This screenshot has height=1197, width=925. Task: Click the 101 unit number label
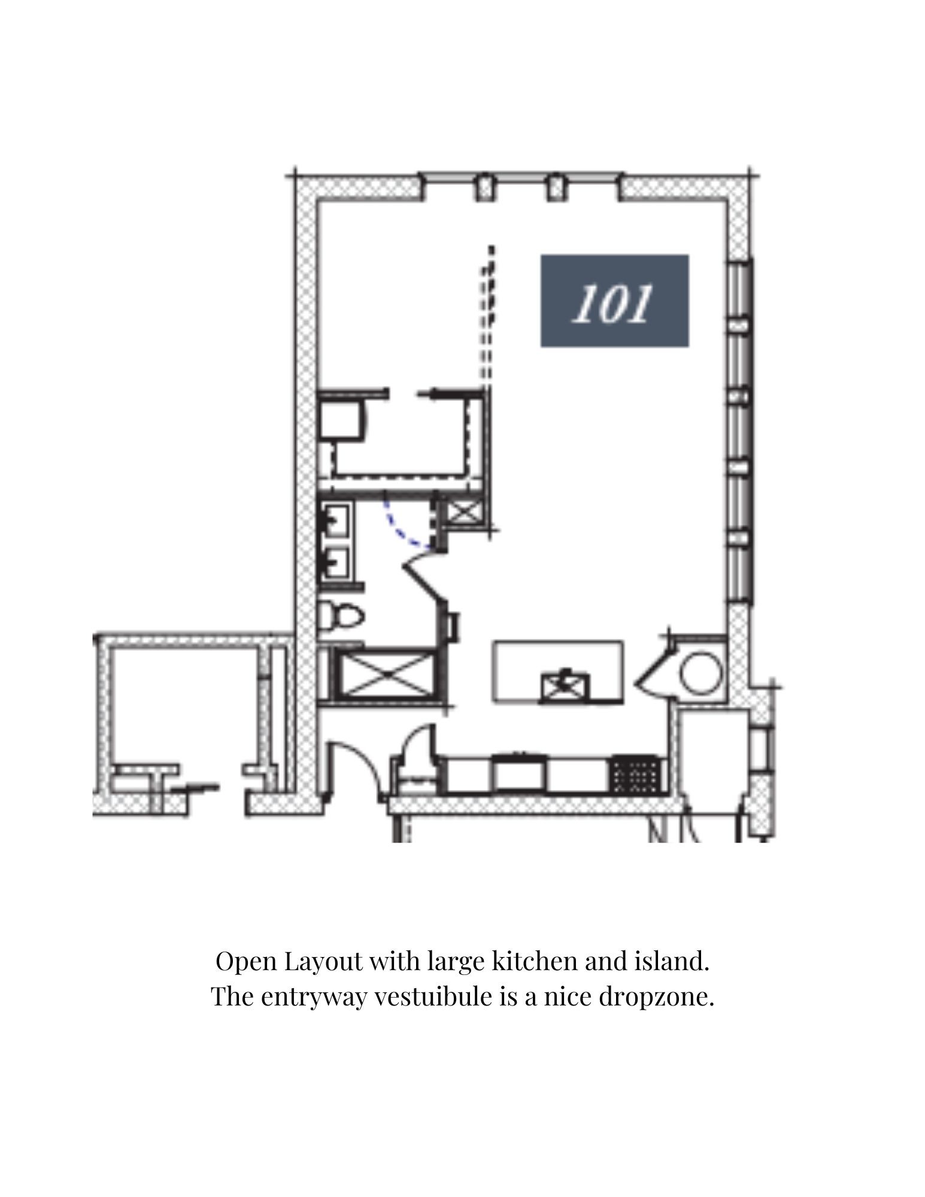pyautogui.click(x=614, y=300)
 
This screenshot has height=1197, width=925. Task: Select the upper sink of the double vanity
pyautogui.click(x=337, y=519)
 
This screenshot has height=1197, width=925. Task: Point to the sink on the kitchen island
pyautogui.click(x=565, y=686)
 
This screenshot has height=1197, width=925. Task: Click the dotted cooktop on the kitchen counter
pyautogui.click(x=636, y=775)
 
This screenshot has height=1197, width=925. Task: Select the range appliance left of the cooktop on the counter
pyautogui.click(x=519, y=774)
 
